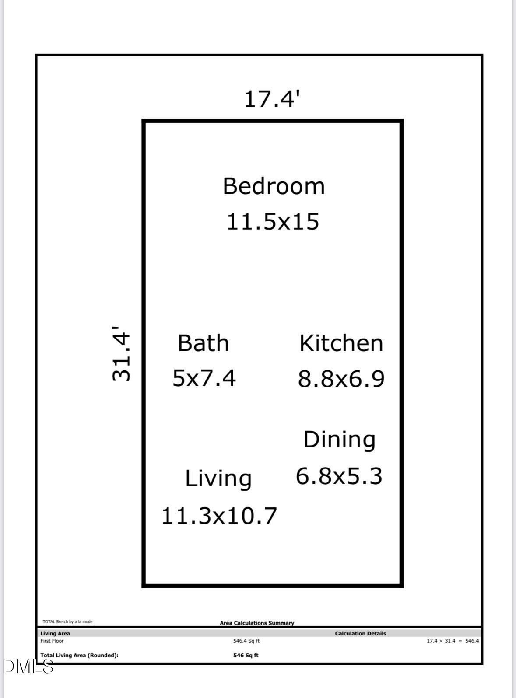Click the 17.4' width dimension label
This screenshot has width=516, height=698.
[272, 99]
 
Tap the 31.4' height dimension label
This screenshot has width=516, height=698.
[121, 353]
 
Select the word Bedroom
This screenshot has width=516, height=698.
[274, 186]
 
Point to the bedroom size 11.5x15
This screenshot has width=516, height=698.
[273, 221]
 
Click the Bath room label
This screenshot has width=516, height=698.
[203, 343]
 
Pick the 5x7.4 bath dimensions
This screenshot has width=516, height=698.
[204, 378]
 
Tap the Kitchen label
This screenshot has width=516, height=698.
[341, 343]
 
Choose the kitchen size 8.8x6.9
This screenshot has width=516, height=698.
[341, 379]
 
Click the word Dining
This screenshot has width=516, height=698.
[339, 440]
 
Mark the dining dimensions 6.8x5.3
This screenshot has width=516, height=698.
[339, 476]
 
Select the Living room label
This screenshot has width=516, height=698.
[218, 478]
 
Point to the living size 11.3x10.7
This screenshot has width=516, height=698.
[219, 516]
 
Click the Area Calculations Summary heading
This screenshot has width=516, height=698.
[257, 623]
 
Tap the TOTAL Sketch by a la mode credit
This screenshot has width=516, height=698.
[67, 621]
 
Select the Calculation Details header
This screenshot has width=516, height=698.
[361, 633]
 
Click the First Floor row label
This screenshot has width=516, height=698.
[52, 641]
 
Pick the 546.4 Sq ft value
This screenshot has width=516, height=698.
[246, 641]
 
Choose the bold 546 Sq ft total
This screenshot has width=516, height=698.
[246, 655]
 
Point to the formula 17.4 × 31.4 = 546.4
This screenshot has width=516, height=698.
[453, 641]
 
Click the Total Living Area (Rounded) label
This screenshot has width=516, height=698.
[79, 655]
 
